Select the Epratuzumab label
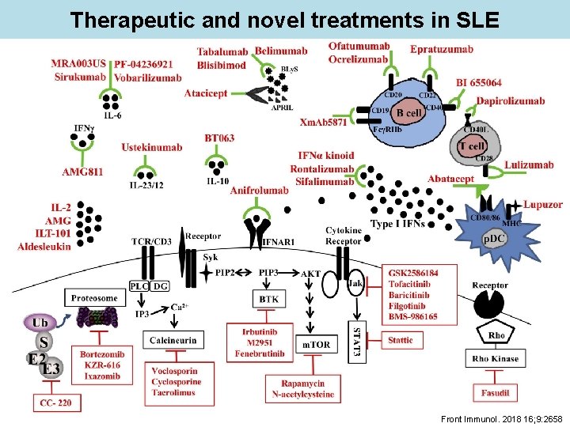[442, 50]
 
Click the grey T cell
[472, 145]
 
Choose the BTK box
[268, 299]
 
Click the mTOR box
[316, 345]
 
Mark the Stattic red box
[400, 341]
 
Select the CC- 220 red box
[59, 403]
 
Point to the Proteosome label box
[94, 298]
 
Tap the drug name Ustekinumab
[152, 147]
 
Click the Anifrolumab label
[259, 191]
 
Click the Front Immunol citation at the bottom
[505, 418]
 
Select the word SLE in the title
[469, 19]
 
